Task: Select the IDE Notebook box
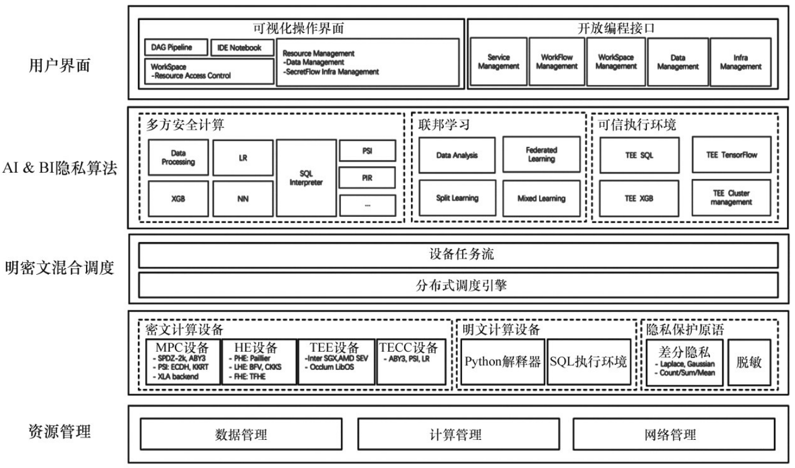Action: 240,48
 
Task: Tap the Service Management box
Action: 498,63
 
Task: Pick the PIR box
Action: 367,178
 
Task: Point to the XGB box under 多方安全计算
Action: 177,199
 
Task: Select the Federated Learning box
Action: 541,154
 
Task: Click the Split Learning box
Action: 457,198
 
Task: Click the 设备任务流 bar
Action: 458,255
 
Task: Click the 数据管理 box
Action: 241,435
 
